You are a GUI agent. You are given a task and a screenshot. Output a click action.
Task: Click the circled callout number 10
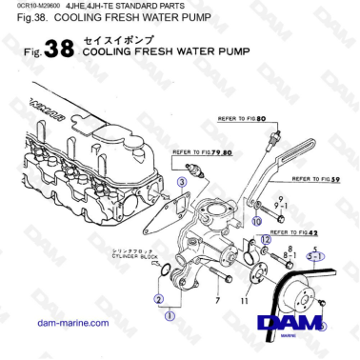coord(255,221)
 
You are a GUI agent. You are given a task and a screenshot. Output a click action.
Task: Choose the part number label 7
coord(218,301)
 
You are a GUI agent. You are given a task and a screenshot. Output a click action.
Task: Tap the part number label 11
coord(250,301)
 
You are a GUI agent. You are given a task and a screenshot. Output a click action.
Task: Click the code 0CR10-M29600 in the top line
coord(29,7)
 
